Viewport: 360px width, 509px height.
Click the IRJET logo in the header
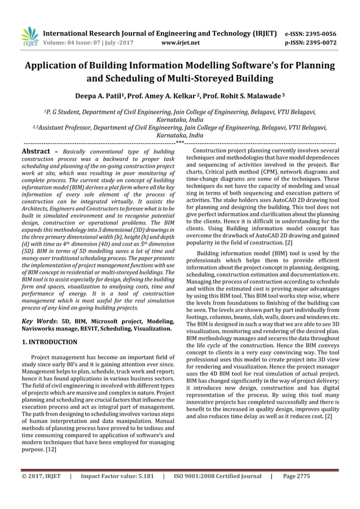pyautogui.click(x=29, y=36)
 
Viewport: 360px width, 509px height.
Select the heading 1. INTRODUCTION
pyautogui.click(x=49, y=341)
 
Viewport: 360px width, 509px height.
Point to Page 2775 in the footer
pyautogui.click(x=296, y=492)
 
